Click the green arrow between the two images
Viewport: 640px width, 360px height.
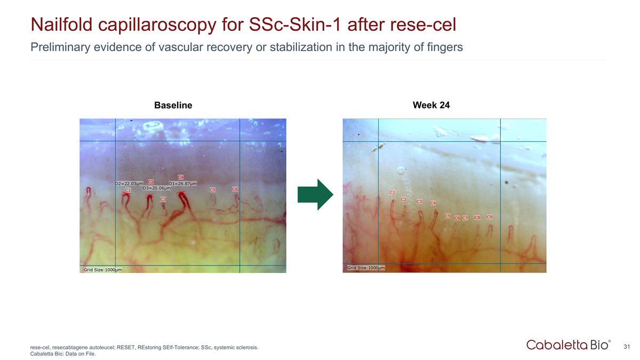315,195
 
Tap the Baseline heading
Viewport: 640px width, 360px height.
173,106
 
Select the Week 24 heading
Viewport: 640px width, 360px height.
431,105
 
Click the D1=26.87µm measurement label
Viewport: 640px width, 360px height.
182,183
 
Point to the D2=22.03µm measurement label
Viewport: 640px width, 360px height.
129,183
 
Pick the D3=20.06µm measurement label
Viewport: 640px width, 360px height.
156,188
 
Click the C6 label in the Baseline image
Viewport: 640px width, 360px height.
235,189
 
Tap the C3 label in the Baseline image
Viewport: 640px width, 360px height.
163,199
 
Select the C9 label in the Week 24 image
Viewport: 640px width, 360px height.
490,217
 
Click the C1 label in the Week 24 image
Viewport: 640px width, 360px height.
393,191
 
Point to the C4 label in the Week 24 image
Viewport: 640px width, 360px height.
433,203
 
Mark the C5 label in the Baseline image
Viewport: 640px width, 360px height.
212,189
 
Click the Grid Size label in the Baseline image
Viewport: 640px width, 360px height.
102,269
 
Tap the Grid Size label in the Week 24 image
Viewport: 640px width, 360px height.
366,268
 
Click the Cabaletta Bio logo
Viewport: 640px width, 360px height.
568,345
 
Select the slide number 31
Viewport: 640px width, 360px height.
627,347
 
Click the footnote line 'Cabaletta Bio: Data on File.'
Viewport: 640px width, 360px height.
63,353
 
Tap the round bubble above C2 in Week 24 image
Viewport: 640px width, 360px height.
401,171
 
